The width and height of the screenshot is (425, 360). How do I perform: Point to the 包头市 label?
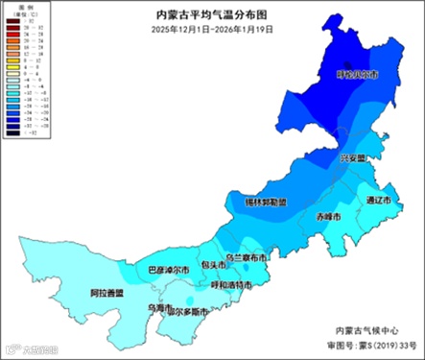click(x=212, y=264)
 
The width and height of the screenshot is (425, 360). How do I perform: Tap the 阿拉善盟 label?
click(x=106, y=292)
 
